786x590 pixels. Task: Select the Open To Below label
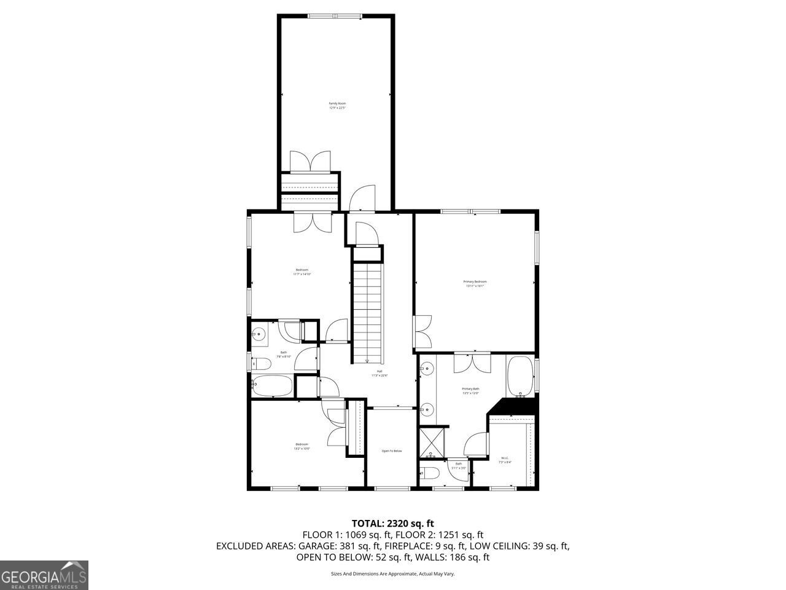click(x=391, y=451)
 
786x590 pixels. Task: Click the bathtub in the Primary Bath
click(x=520, y=376)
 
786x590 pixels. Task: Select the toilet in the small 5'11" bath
click(x=430, y=473)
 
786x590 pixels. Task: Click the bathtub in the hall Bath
click(x=273, y=386)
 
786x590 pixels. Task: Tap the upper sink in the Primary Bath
click(x=427, y=369)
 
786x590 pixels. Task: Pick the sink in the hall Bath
click(x=259, y=335)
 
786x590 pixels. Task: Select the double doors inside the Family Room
click(x=310, y=162)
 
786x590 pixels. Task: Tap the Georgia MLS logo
click(x=44, y=575)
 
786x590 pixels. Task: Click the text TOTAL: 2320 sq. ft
click(x=392, y=524)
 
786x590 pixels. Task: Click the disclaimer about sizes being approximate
click(x=392, y=574)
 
